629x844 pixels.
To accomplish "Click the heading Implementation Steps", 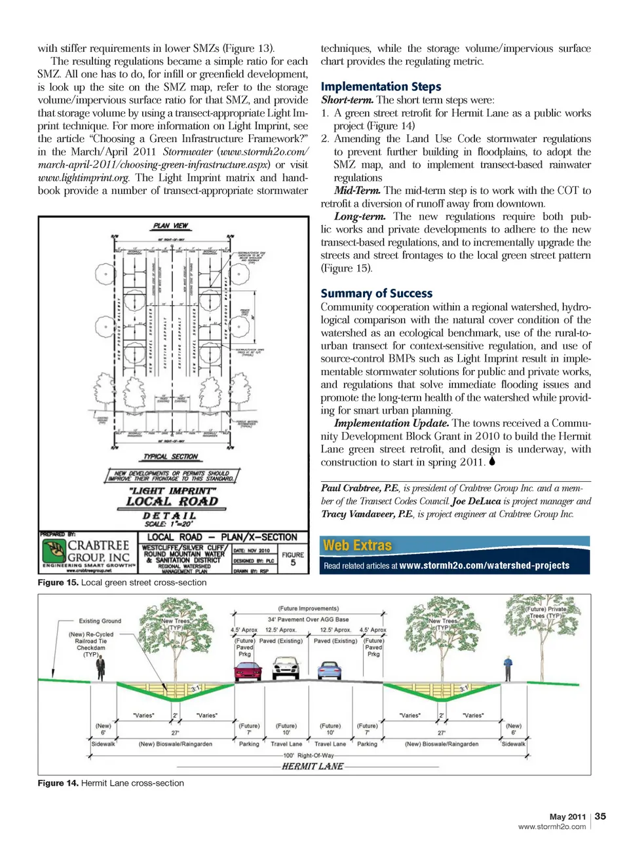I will click(381, 86).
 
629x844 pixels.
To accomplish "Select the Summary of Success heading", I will click(376, 293).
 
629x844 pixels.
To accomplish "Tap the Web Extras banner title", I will click(357, 545).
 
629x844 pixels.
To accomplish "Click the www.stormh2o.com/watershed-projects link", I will click(484, 566).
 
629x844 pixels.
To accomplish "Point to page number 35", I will click(600, 816).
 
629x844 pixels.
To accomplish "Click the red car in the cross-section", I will click(248, 672).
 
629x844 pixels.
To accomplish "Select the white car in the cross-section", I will click(286, 669).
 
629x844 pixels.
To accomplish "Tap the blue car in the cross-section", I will click(329, 670).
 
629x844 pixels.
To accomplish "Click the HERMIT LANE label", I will click(313, 766).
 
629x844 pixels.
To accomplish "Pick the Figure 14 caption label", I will click(58, 783).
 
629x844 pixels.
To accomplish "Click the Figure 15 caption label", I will click(58, 582).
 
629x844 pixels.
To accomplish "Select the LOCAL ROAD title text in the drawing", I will click(172, 502).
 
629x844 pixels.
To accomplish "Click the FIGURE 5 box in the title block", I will click(293, 558).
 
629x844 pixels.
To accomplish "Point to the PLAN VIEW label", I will click(170, 226).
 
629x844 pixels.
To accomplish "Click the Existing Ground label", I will click(100, 621).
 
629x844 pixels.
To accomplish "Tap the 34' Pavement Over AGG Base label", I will click(308, 619).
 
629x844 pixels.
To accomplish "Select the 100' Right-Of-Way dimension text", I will click(308, 756).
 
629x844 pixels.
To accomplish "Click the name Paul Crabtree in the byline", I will click(351, 488).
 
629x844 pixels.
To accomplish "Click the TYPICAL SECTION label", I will click(170, 456).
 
